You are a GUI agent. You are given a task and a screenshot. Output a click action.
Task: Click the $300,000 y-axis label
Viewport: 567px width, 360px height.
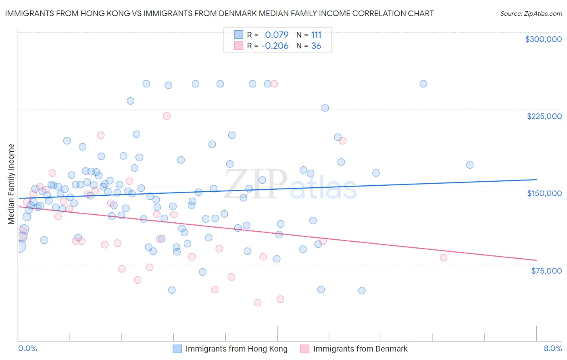point(543,39)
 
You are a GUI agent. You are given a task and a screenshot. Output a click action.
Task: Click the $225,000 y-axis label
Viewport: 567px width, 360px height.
point(544,116)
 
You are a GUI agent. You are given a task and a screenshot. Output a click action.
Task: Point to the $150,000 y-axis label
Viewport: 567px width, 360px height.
point(544,193)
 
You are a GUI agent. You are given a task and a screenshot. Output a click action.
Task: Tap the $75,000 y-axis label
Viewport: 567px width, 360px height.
point(546,271)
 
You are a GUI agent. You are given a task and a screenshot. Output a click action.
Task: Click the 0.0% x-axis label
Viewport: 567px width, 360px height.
point(27,349)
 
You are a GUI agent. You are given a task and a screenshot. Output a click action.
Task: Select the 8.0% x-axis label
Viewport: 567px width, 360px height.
point(552,349)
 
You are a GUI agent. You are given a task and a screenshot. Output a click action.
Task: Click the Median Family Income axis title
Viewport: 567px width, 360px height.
point(11,184)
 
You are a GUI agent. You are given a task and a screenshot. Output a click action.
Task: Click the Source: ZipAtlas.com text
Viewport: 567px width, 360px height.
point(531,14)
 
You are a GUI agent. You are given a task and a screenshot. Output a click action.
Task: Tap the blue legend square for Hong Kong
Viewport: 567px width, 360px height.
point(177,349)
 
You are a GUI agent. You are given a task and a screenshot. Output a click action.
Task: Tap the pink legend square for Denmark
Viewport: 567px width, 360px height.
point(305,349)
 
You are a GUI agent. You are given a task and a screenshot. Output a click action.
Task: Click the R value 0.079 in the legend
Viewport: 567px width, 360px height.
point(277,35)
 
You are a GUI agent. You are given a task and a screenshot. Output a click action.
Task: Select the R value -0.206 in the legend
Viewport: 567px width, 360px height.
point(275,46)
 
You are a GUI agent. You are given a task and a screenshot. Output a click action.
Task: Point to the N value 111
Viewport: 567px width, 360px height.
point(316,35)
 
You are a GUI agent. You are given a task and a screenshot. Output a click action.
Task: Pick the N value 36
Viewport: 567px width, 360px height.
point(316,46)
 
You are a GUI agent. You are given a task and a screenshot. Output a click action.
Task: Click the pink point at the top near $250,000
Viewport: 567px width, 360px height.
point(274,84)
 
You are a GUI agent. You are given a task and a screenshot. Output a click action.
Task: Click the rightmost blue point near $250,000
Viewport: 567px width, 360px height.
point(423,84)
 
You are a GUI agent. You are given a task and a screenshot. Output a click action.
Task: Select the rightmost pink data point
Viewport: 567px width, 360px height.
point(444,258)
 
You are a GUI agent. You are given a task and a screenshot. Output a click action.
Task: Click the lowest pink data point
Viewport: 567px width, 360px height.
point(258,303)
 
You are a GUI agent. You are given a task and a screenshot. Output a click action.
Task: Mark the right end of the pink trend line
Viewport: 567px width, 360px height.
point(536,260)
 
